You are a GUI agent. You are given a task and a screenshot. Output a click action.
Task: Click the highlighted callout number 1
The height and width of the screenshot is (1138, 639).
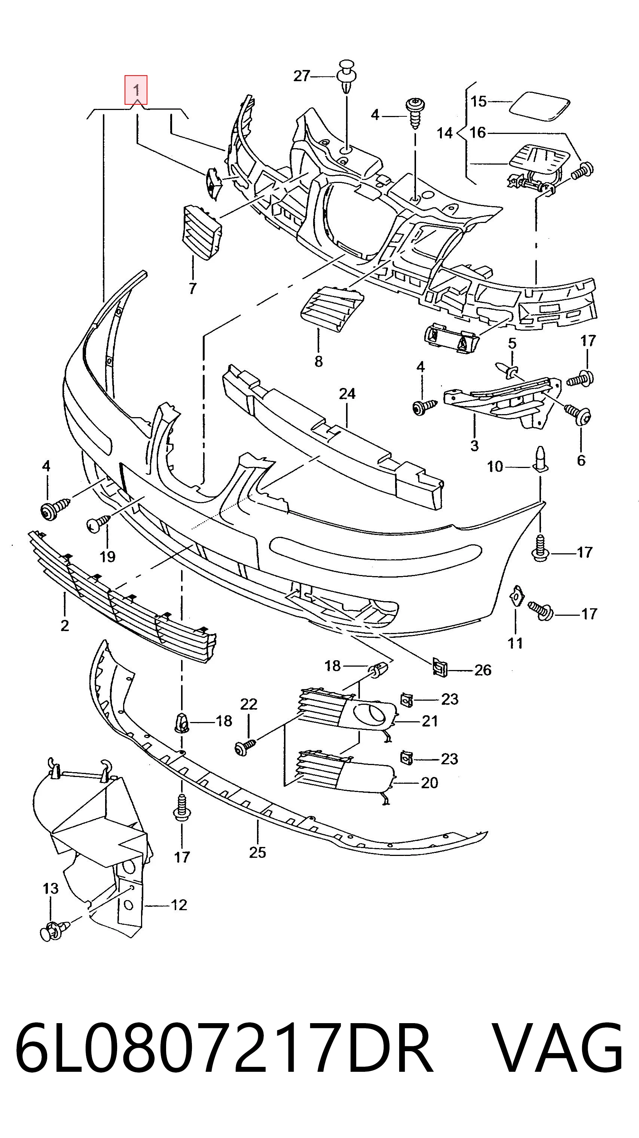tap(136, 91)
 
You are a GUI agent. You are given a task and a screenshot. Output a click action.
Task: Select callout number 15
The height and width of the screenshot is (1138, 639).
tap(479, 102)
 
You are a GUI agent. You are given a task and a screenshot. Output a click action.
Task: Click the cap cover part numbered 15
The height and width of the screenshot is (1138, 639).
tap(539, 106)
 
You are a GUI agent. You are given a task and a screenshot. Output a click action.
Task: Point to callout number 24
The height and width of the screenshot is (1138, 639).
tap(347, 393)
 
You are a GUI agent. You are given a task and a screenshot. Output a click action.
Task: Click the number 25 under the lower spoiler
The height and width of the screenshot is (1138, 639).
tap(258, 852)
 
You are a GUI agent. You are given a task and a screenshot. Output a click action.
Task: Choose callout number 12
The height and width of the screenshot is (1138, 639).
tap(179, 905)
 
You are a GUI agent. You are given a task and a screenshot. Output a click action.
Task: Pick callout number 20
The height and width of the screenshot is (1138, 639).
tap(429, 783)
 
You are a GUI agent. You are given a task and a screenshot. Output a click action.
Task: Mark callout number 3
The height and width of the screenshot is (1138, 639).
tap(474, 445)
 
